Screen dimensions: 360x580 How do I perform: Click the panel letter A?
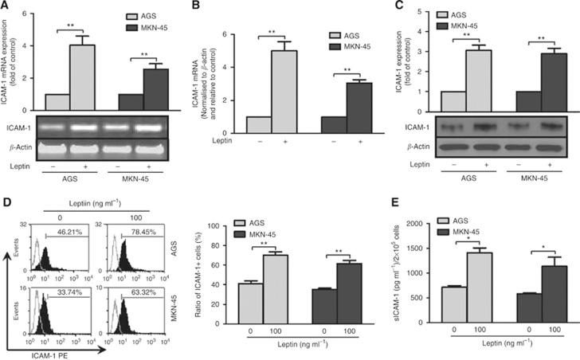pyautogui.click(x=6, y=6)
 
